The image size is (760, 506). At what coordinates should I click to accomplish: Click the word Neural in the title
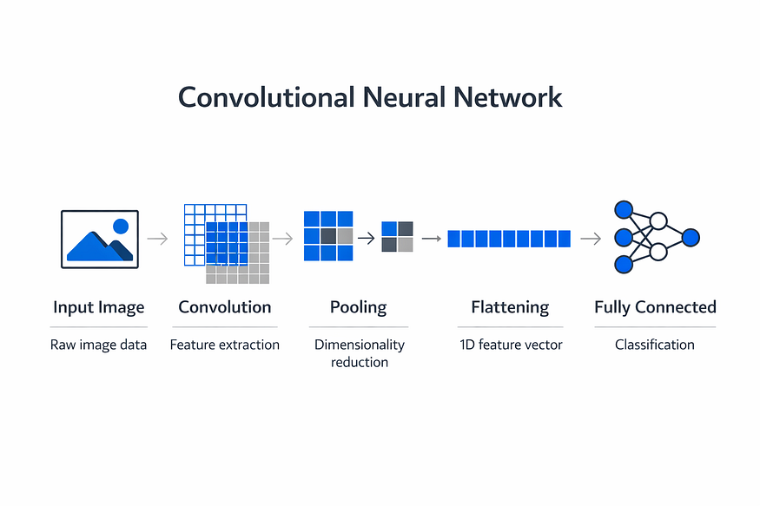point(403,97)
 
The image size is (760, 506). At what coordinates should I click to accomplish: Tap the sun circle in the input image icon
point(121,227)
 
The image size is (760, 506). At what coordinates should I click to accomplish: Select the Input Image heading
point(99,307)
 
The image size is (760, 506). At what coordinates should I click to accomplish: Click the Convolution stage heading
point(225,307)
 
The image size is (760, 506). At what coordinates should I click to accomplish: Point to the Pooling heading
point(358,307)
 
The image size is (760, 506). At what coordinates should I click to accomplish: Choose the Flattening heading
point(510,307)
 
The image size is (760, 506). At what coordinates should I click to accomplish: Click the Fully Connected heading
point(655,307)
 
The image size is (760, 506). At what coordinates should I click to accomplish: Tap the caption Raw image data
point(98,345)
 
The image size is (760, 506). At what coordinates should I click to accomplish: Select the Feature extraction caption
point(225,345)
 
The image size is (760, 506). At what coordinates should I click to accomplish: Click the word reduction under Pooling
point(360,362)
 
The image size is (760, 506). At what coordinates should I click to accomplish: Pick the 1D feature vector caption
point(511,345)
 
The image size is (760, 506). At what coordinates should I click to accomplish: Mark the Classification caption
point(655,345)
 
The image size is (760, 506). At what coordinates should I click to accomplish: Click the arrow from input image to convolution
point(157,239)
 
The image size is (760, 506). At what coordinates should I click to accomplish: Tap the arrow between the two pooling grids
point(367,238)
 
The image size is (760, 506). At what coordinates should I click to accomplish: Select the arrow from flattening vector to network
point(591,239)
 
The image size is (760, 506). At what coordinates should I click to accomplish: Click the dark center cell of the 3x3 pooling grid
point(328,236)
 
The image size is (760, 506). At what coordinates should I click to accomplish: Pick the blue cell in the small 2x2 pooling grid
point(389,228)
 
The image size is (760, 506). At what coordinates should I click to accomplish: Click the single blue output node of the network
point(691,238)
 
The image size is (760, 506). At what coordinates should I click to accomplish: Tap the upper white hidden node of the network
point(658,220)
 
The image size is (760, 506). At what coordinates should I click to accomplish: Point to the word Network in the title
point(508,97)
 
